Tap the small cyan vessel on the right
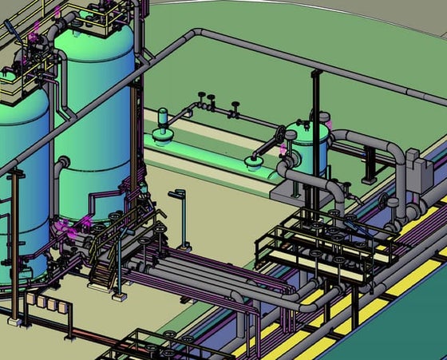point(307,148)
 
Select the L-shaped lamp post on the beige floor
point(181,216)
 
